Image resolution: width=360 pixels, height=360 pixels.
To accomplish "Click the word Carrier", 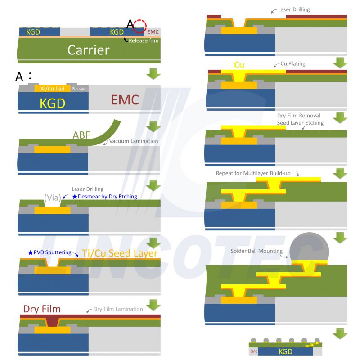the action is [x=88, y=50].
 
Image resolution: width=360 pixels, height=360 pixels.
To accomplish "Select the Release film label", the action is [x=144, y=40].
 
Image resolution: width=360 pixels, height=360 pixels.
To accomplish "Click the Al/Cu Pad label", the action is [x=52, y=89].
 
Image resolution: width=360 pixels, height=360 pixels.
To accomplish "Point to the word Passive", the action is [x=79, y=89].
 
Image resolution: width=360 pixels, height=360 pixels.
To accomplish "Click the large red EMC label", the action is [x=125, y=100].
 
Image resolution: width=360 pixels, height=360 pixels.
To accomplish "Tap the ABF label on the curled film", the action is [x=81, y=135].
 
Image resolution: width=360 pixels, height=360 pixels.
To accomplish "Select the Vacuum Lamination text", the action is [x=134, y=141].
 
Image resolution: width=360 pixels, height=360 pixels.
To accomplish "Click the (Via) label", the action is [x=53, y=198].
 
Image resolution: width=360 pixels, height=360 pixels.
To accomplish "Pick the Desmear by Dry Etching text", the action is [x=107, y=197].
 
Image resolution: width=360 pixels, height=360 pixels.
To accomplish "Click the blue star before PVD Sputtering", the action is [x=31, y=252].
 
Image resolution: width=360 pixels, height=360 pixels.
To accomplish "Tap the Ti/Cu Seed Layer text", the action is [x=120, y=253].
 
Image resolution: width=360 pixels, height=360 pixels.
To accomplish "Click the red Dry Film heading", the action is [x=42, y=309].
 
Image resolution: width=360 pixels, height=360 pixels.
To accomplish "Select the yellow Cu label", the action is [x=239, y=65].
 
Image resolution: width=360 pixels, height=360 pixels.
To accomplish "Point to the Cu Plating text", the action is [x=293, y=63].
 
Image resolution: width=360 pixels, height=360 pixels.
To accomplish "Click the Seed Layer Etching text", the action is [x=300, y=123].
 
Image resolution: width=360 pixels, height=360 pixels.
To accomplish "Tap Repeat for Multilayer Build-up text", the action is [x=253, y=173].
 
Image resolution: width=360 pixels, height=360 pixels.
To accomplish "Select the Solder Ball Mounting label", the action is [x=256, y=251].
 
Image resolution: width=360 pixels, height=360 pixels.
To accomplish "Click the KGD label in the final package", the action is [x=285, y=351].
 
